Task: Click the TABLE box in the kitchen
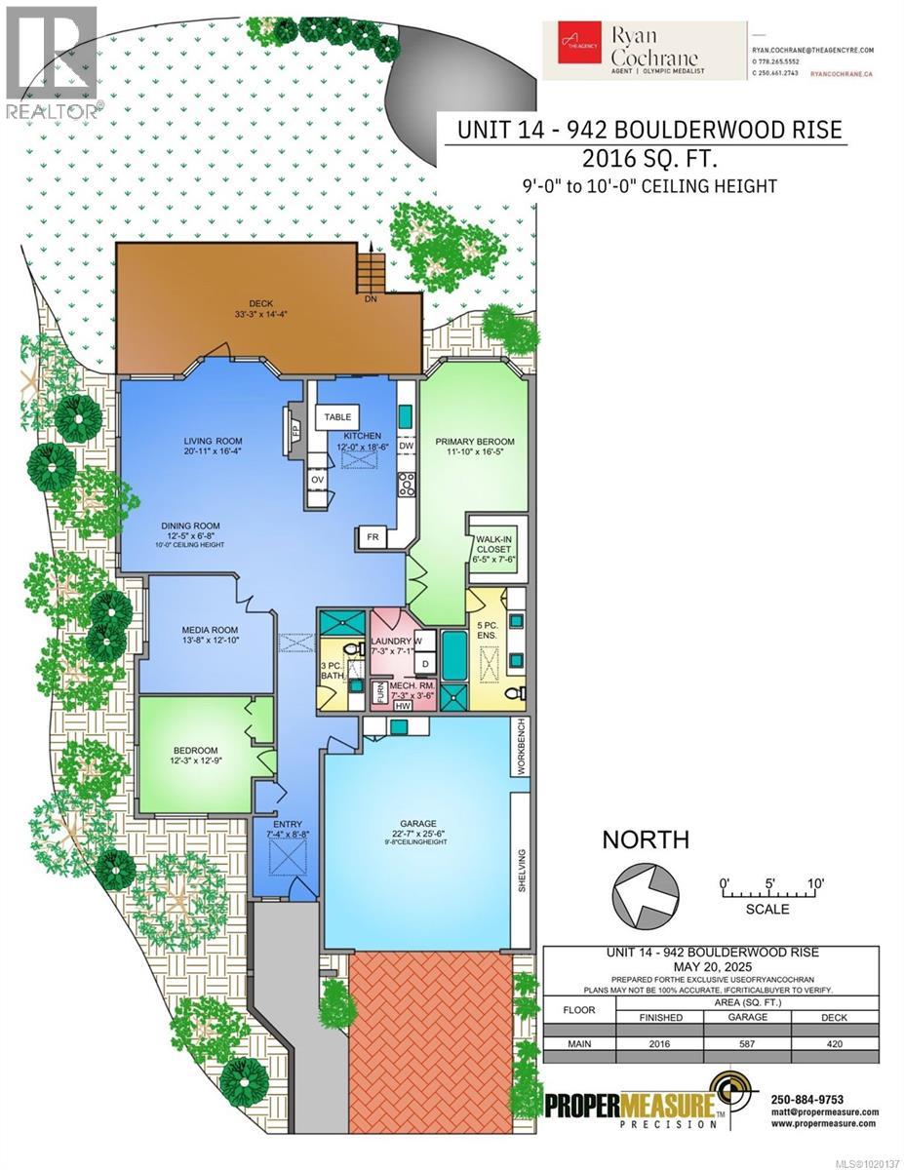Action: [x=338, y=416]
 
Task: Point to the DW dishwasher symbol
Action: [x=407, y=446]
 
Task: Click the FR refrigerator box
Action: [x=373, y=537]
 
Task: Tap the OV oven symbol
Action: [x=317, y=481]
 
